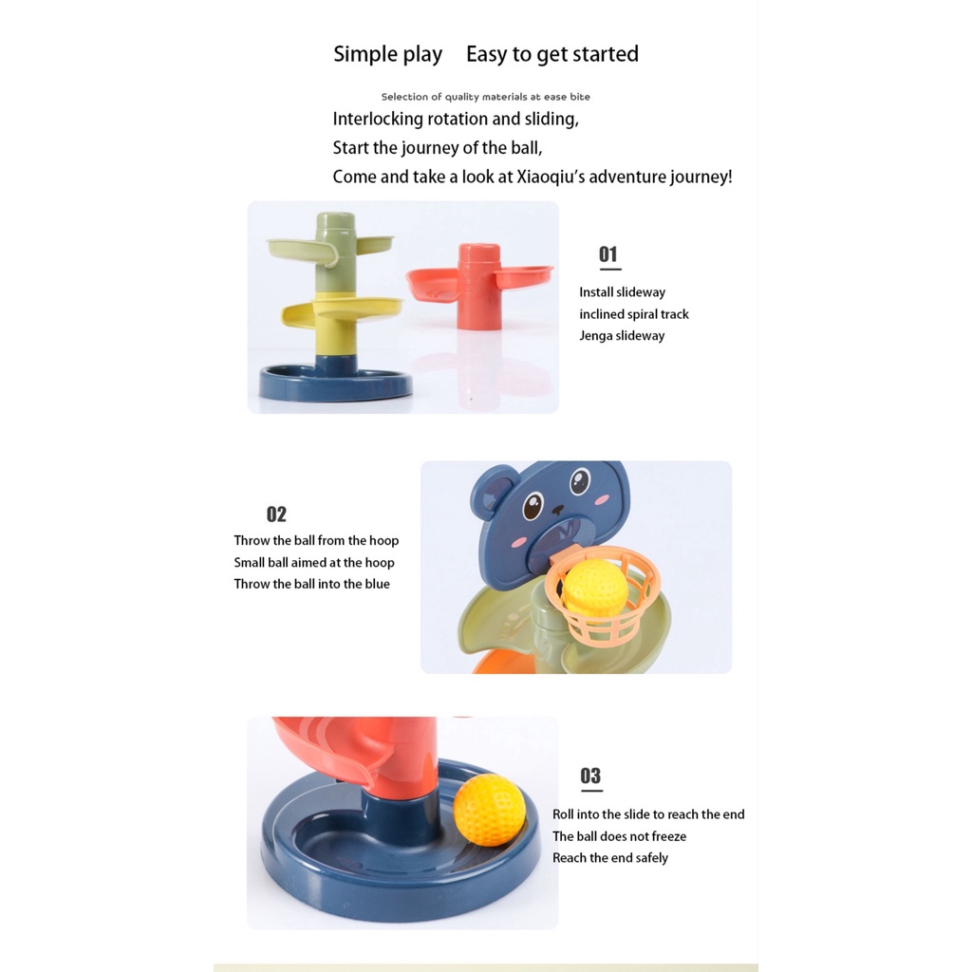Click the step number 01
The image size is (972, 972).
pyautogui.click(x=607, y=254)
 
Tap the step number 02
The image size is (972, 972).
pyautogui.click(x=276, y=514)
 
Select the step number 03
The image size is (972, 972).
pyautogui.click(x=590, y=776)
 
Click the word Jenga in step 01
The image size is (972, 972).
pyautogui.click(x=595, y=336)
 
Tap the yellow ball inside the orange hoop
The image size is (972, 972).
pyautogui.click(x=595, y=589)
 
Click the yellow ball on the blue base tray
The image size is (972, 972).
pyautogui.click(x=489, y=810)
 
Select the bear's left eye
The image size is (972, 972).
pyautogui.click(x=533, y=505)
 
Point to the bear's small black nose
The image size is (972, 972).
pyautogui.click(x=558, y=510)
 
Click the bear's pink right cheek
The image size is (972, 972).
pyautogui.click(x=602, y=499)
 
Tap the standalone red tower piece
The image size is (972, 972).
pyautogui.click(x=479, y=286)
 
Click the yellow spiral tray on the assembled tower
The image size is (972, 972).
pyautogui.click(x=342, y=310)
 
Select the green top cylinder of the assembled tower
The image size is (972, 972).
pyautogui.click(x=335, y=251)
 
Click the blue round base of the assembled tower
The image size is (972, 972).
pyautogui.click(x=335, y=382)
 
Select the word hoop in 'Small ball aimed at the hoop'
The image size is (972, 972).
pyautogui.click(x=380, y=563)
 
